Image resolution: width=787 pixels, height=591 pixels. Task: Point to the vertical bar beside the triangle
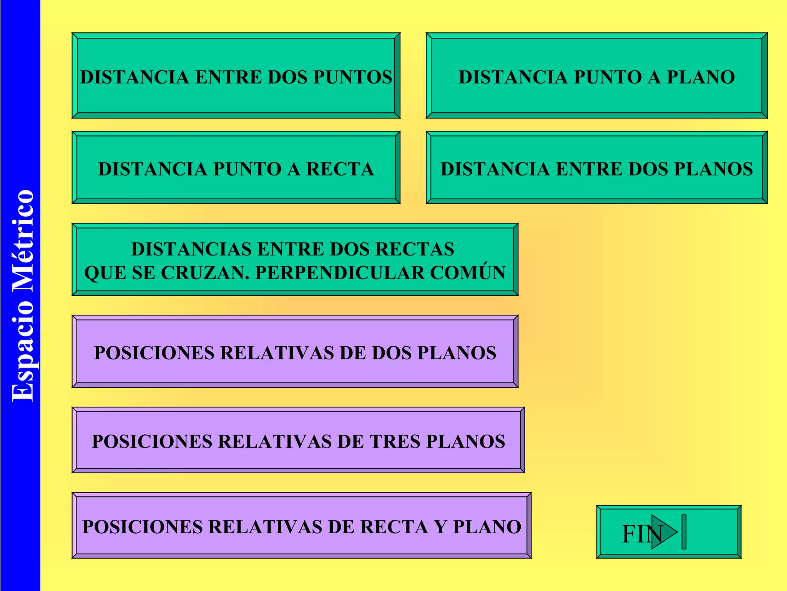(684, 532)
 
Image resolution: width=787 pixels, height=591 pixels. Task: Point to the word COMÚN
(468, 272)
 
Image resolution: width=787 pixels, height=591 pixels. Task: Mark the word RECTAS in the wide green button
(415, 249)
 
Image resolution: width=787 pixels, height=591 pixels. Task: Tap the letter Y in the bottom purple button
(440, 527)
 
